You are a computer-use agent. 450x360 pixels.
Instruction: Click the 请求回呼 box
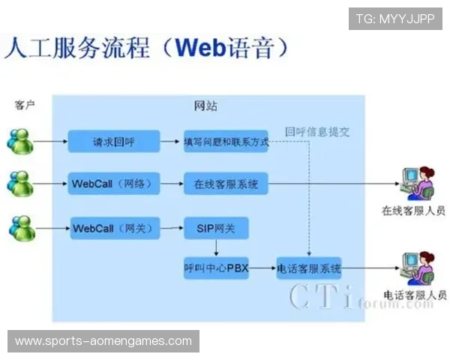click(x=114, y=141)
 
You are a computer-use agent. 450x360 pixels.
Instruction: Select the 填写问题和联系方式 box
click(x=226, y=141)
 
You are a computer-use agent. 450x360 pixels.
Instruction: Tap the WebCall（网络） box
click(x=114, y=184)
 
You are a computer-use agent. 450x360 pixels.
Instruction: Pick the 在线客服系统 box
click(x=226, y=184)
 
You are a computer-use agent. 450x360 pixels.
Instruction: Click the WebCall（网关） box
click(x=114, y=228)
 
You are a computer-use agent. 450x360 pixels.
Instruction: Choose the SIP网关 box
click(x=216, y=228)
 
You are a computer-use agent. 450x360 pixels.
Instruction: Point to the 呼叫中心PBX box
click(x=216, y=268)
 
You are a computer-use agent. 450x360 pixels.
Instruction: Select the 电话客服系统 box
click(x=309, y=268)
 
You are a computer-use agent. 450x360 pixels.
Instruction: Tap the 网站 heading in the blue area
click(x=206, y=106)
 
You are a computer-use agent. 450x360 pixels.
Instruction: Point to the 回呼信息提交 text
click(x=317, y=131)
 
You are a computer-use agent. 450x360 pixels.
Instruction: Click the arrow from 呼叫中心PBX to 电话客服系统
click(x=262, y=268)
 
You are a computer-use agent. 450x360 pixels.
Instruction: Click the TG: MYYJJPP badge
click(x=395, y=19)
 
